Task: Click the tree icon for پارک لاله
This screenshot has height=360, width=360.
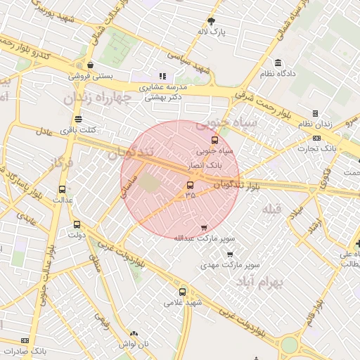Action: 212,21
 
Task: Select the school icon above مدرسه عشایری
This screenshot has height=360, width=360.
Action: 162,76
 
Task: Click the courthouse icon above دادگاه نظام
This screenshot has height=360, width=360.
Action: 279,63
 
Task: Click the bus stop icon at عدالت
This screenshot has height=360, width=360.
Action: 63,188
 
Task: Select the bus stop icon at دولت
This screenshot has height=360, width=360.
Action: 77,225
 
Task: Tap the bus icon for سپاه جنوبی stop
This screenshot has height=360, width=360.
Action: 215,139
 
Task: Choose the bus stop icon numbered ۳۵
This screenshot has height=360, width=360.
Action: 190,186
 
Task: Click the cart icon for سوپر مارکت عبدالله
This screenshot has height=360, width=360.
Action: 204,227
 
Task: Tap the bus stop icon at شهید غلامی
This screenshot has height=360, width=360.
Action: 183,292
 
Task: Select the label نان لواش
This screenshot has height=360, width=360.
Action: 134,344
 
